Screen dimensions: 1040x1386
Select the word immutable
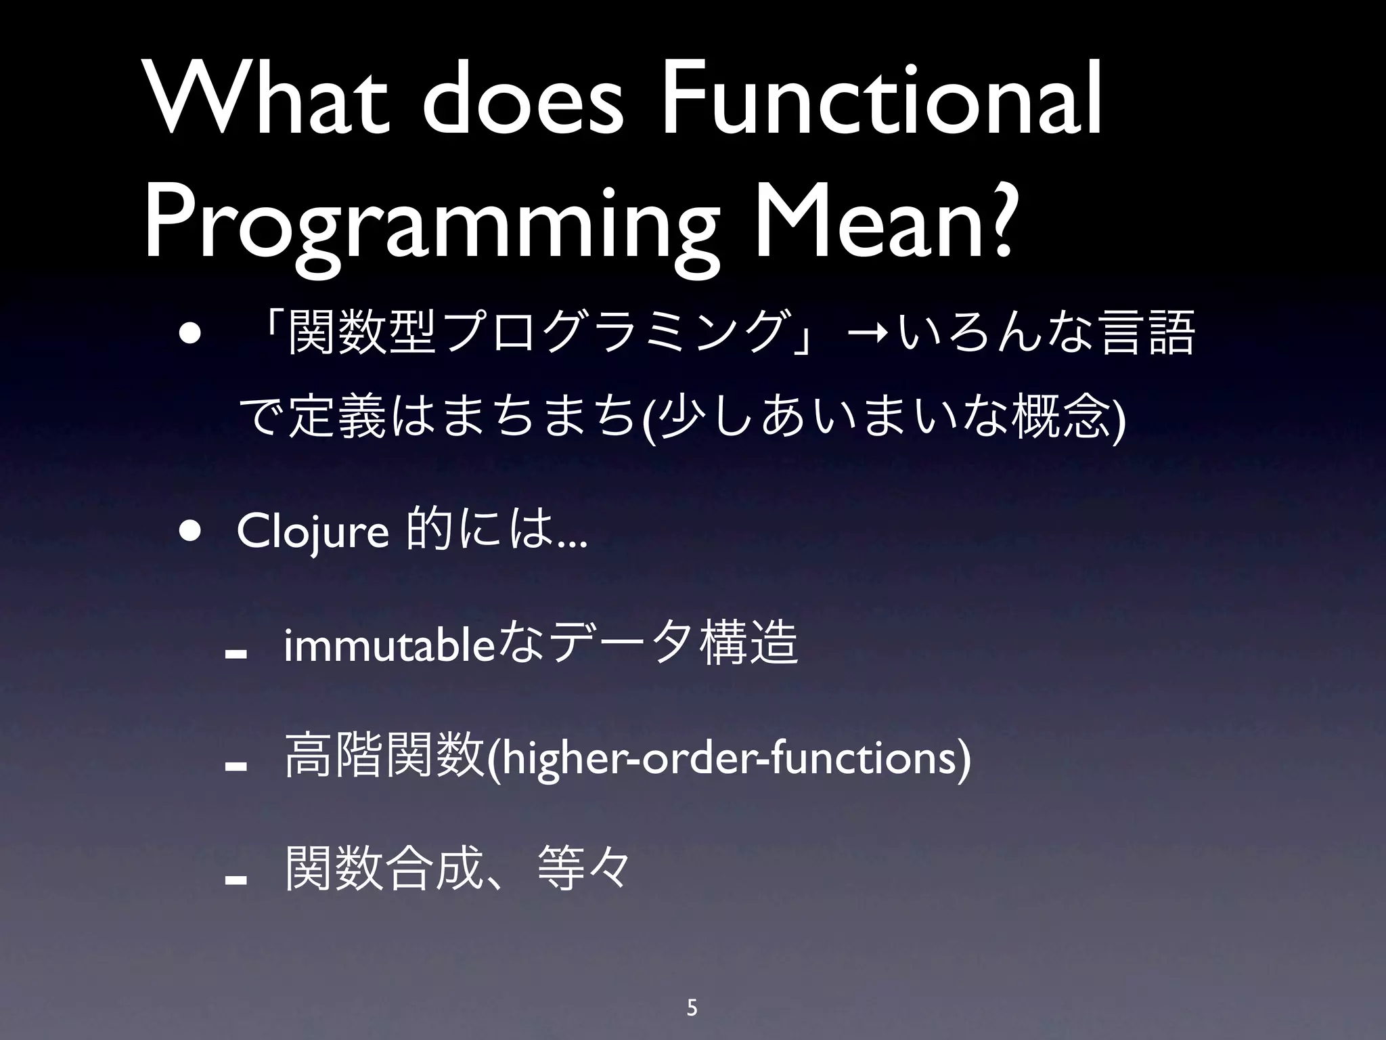click(390, 646)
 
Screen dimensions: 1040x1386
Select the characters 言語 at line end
click(1148, 332)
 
